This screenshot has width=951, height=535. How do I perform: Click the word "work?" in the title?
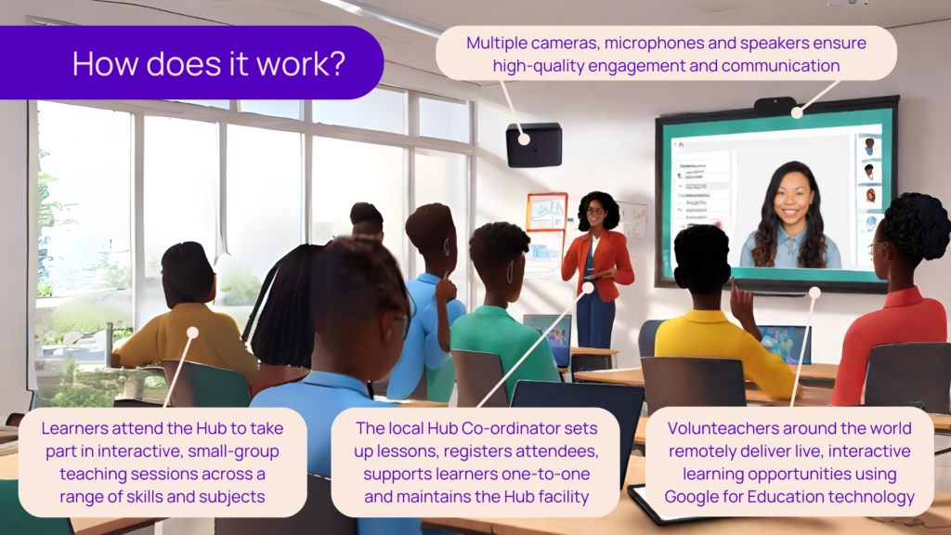click(301, 64)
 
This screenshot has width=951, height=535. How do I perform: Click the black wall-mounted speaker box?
click(534, 145)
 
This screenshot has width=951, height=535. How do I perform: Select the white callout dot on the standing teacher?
click(588, 288)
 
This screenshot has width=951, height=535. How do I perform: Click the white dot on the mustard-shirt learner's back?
click(193, 333)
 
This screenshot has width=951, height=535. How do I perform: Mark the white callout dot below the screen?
click(814, 293)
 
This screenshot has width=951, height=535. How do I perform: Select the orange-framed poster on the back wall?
click(546, 212)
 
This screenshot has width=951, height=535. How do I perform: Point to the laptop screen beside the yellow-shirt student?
click(784, 344)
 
